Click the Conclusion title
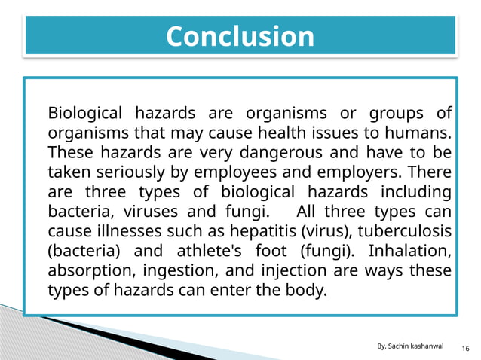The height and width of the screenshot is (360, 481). (x=240, y=36)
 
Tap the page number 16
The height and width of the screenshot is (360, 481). (x=465, y=347)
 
